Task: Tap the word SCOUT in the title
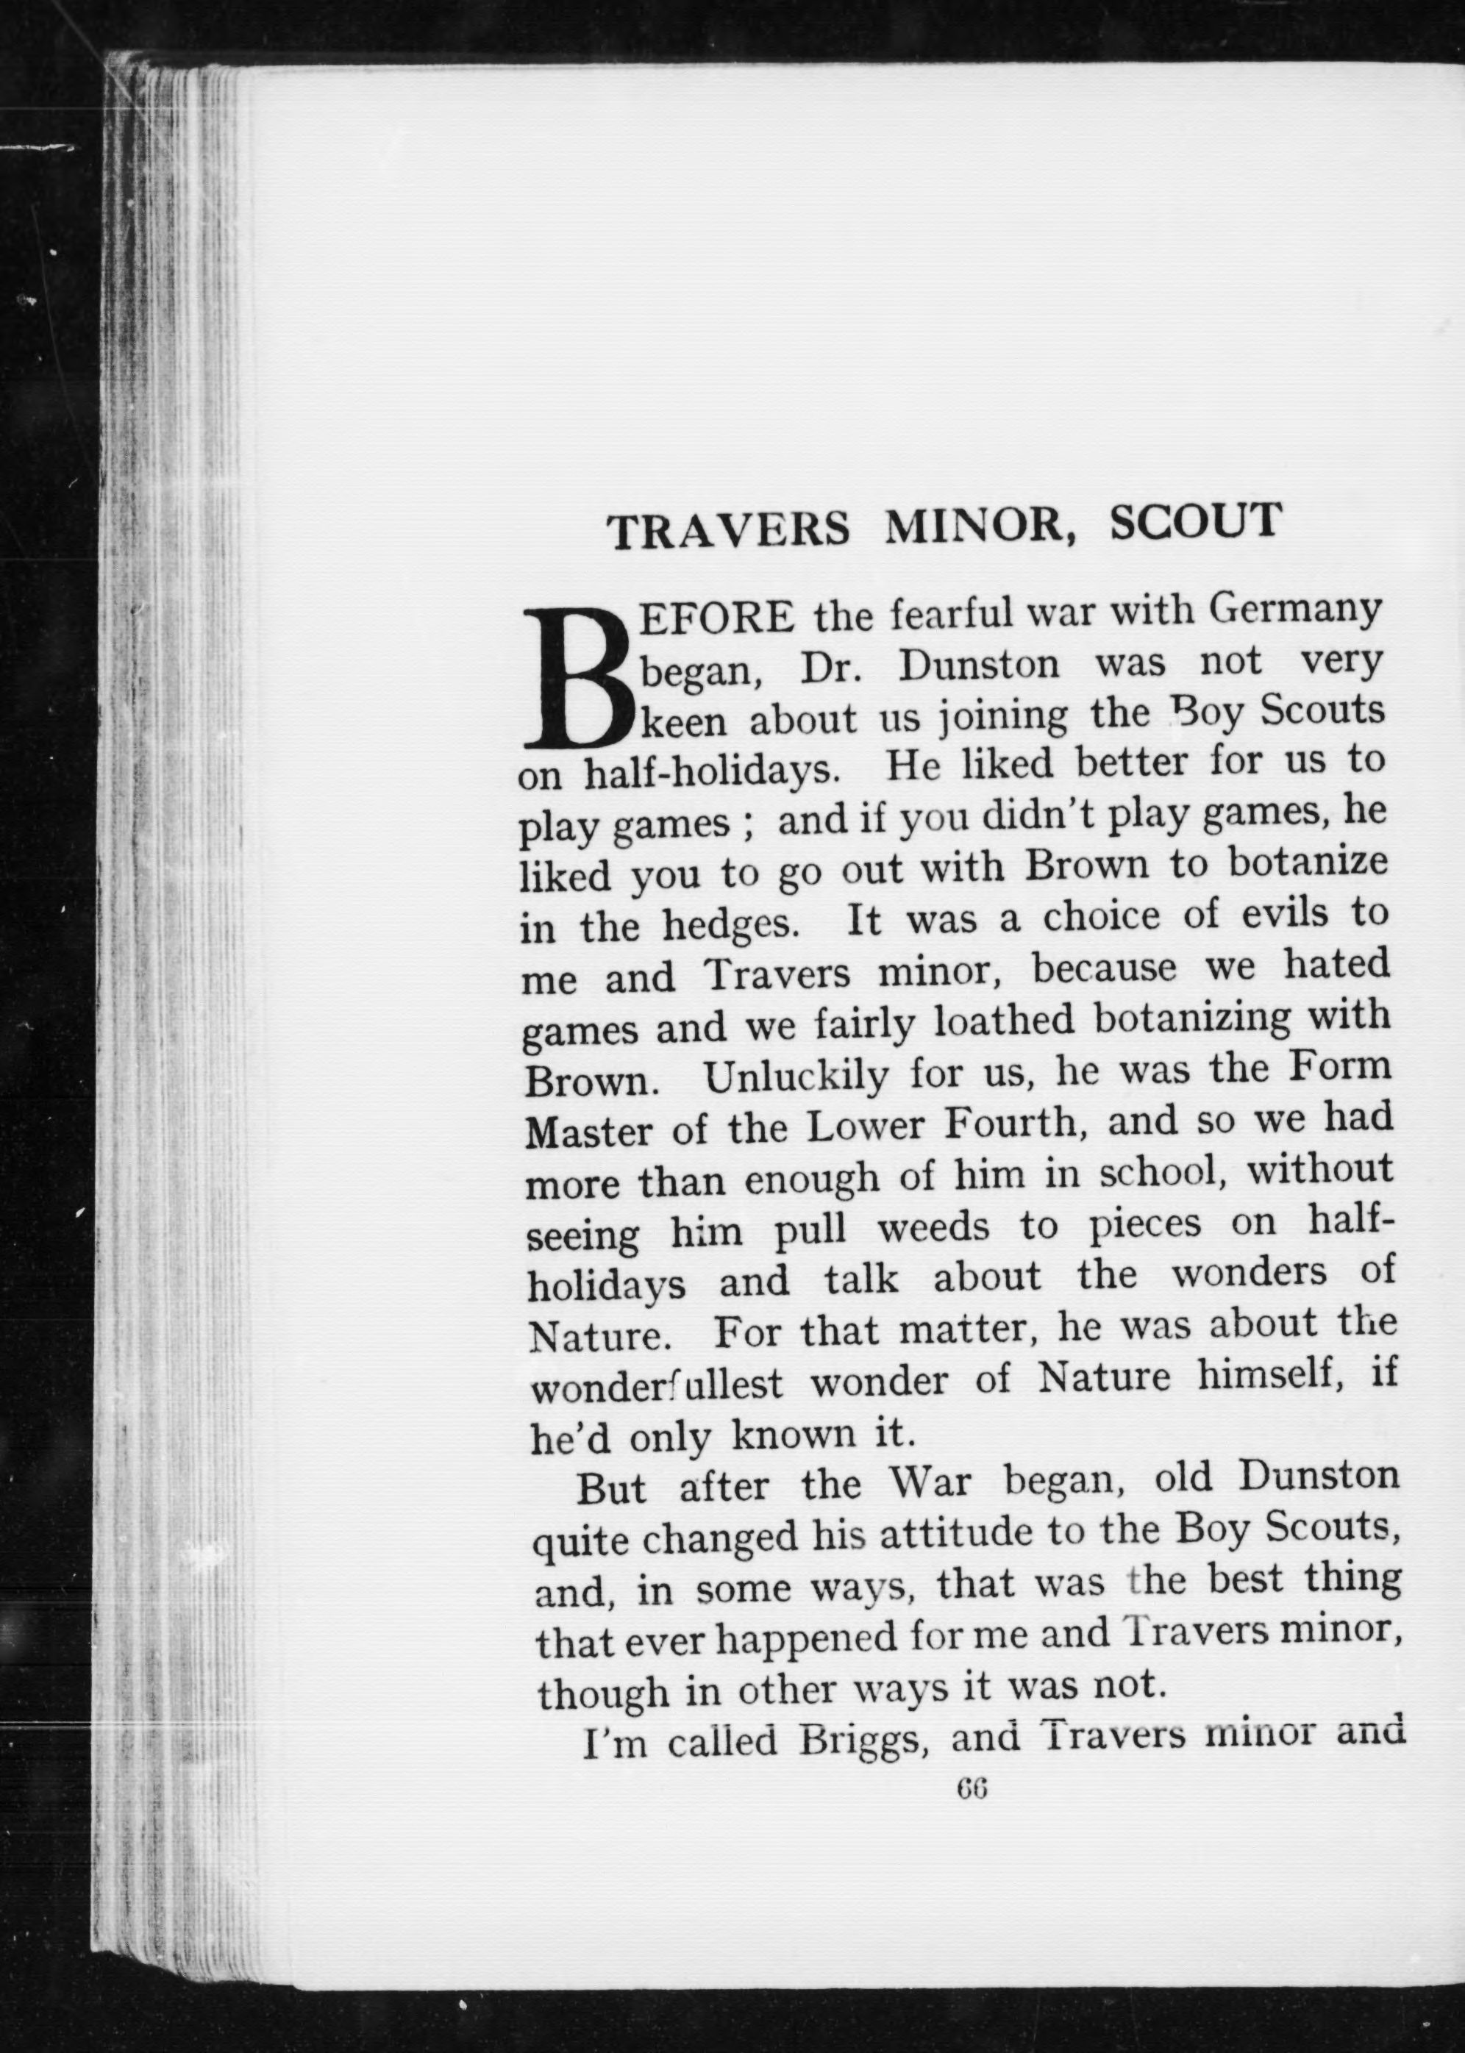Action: (1194, 521)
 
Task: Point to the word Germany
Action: (1294, 613)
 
